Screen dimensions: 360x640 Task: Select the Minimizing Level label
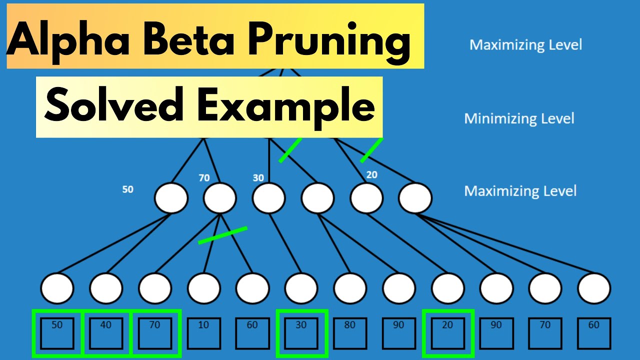[x=519, y=118]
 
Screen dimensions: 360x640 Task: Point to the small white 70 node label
[x=204, y=177]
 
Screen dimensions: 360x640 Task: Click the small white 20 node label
[x=371, y=175]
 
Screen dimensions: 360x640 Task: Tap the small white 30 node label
[x=258, y=178]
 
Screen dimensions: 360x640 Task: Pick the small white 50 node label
[x=128, y=190]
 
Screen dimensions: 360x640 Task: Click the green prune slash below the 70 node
[x=222, y=235]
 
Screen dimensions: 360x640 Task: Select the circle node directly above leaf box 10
[x=203, y=288]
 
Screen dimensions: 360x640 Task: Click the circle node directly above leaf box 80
[x=350, y=288]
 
